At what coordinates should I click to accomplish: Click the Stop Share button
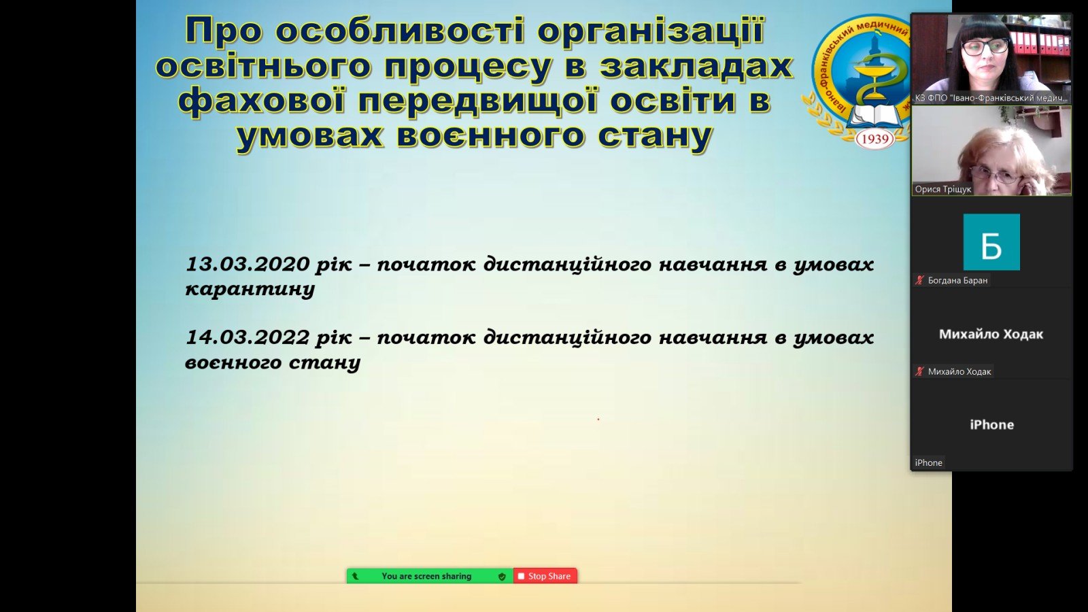pos(545,576)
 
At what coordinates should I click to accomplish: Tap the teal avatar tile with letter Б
pos(991,242)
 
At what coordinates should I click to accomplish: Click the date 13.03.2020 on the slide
pos(248,265)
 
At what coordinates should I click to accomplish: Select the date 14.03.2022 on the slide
pos(248,337)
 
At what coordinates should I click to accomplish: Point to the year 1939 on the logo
pos(874,139)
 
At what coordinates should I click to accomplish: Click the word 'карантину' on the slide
pos(250,290)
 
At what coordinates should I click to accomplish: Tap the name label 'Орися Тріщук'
pos(942,189)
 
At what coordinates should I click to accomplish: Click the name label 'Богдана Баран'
pos(957,280)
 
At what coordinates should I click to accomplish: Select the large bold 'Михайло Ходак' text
pos(991,334)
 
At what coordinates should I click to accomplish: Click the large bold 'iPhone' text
pos(991,425)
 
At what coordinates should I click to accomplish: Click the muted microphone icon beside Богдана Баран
pos(919,280)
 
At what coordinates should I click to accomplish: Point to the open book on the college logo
pos(874,117)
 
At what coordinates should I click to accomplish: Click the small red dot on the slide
pos(598,419)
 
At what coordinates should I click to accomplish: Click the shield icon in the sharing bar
pos(502,577)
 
